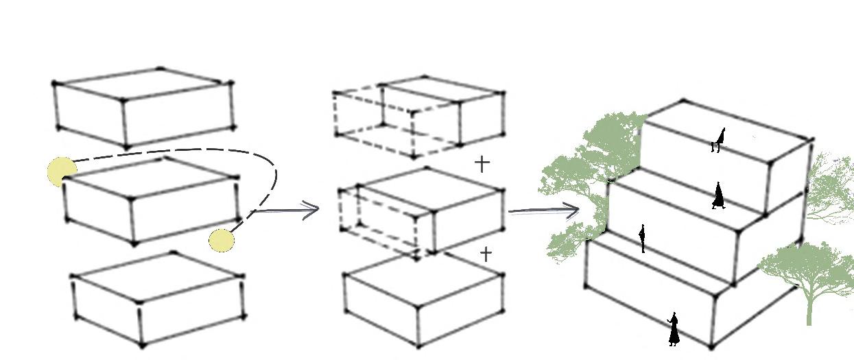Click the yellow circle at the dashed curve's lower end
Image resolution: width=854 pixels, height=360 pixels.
tap(221, 240)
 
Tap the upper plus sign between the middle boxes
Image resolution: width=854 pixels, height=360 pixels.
tap(483, 163)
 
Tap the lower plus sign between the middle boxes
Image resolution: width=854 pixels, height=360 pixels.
tap(486, 254)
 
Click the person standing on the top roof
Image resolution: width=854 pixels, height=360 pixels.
tap(718, 140)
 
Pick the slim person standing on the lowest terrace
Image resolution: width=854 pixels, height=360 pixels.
tap(642, 238)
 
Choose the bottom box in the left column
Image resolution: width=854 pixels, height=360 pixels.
tap(158, 302)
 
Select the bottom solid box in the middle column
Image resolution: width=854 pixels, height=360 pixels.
tap(422, 305)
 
